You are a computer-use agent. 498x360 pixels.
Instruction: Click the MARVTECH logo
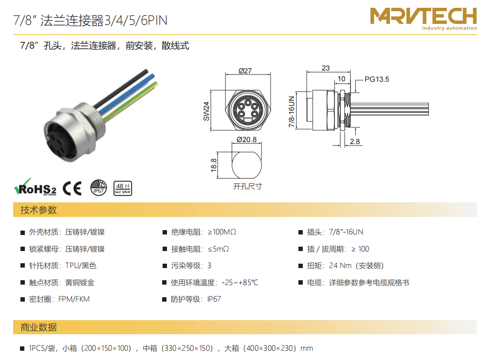tap(424, 19)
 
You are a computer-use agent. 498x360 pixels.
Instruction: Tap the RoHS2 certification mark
tap(35, 187)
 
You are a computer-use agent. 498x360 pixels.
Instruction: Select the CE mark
tap(72, 188)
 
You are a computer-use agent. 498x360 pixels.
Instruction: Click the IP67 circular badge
tap(98, 187)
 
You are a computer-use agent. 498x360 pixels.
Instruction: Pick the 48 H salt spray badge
tap(123, 188)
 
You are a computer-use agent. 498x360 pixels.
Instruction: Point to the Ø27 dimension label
tap(245, 71)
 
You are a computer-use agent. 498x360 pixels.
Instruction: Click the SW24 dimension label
tap(206, 111)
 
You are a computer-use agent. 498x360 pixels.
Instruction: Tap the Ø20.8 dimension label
tap(246, 139)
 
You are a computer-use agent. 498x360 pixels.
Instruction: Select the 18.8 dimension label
tap(214, 165)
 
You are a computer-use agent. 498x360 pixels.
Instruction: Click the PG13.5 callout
tap(377, 79)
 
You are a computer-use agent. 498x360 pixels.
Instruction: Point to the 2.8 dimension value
tap(355, 141)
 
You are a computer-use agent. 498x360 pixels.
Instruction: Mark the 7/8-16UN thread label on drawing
tap(291, 111)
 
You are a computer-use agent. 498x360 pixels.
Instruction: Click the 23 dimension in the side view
tap(326, 68)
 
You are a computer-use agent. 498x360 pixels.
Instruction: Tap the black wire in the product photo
tap(121, 89)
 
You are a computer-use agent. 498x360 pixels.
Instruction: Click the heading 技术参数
tap(38, 210)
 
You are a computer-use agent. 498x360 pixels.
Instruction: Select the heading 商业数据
tap(38, 327)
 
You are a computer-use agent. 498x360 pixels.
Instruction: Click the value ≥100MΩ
tap(222, 232)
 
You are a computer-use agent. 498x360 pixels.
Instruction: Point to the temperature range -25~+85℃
tap(240, 283)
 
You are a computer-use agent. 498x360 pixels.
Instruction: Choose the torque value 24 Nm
tap(340, 266)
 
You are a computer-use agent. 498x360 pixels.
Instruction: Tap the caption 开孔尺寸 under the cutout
tap(248, 186)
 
